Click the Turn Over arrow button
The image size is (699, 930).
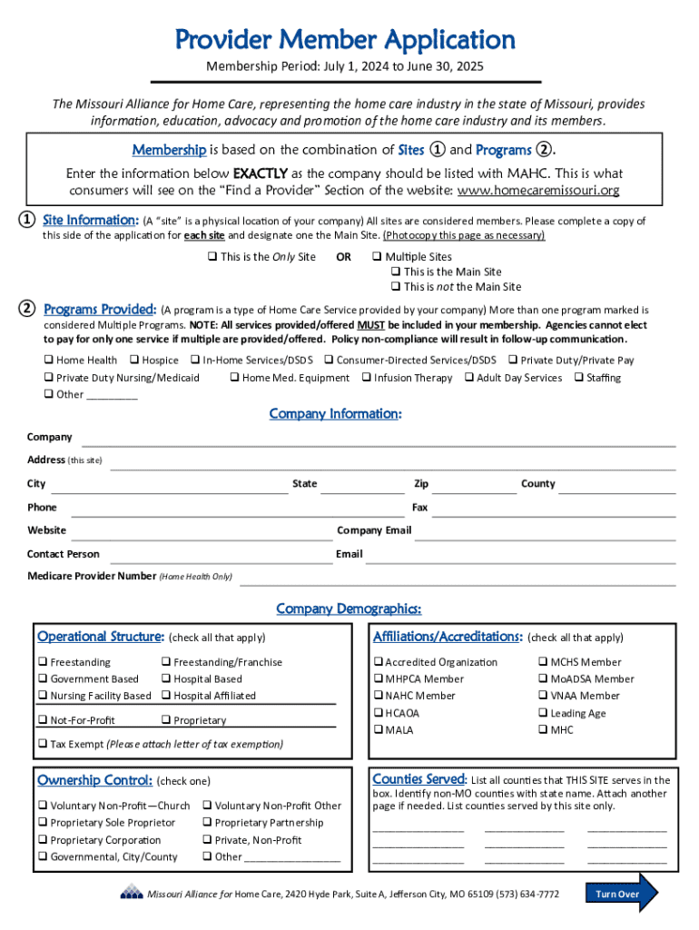pyautogui.click(x=622, y=894)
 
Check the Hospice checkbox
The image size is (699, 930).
pyautogui.click(x=134, y=361)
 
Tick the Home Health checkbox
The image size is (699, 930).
pyautogui.click(x=48, y=361)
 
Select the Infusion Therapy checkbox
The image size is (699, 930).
pyautogui.click(x=366, y=378)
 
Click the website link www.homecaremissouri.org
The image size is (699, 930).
pyautogui.click(x=537, y=190)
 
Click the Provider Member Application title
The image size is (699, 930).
pyautogui.click(x=345, y=40)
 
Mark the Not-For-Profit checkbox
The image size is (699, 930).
pyautogui.click(x=43, y=720)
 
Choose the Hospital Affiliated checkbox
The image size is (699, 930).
pyautogui.click(x=166, y=696)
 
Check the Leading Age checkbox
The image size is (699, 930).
pyautogui.click(x=543, y=713)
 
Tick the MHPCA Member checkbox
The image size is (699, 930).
pyautogui.click(x=378, y=679)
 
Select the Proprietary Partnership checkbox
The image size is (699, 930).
pyautogui.click(x=207, y=823)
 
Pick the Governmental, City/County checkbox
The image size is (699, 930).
pyautogui.click(x=43, y=856)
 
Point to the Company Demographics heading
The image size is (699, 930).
pyautogui.click(x=349, y=608)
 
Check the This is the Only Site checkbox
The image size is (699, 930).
pyautogui.click(x=212, y=257)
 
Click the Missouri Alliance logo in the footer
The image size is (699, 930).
pyautogui.click(x=131, y=893)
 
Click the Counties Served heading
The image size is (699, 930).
pyautogui.click(x=418, y=779)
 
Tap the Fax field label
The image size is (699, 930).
pyautogui.click(x=419, y=508)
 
